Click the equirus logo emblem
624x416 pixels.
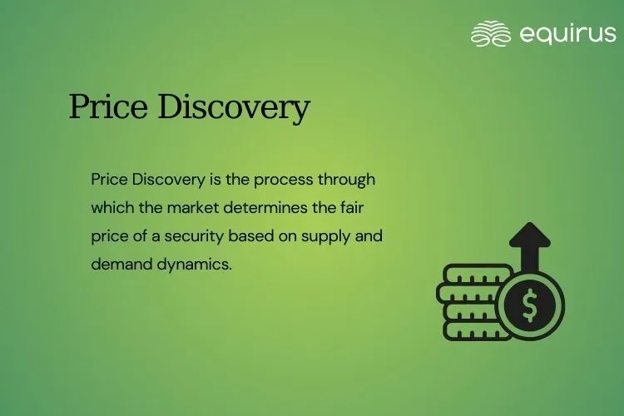click(x=491, y=33)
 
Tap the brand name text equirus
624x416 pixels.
click(x=567, y=33)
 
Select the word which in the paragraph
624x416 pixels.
click(x=110, y=207)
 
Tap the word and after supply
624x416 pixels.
click(x=369, y=235)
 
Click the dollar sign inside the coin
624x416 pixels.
click(x=529, y=305)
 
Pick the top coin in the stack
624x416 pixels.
click(x=468, y=274)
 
